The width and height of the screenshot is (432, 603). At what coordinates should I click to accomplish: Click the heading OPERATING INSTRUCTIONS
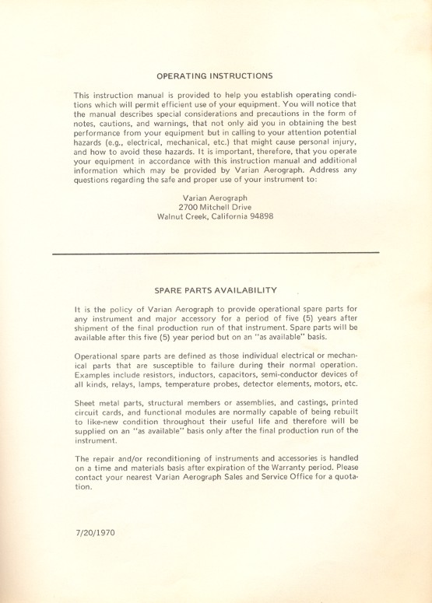click(x=215, y=76)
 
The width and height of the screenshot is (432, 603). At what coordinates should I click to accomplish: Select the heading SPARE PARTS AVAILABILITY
click(x=216, y=290)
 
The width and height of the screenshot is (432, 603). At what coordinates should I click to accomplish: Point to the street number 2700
click(x=191, y=205)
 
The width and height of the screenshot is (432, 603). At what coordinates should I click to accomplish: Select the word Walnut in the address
click(x=172, y=216)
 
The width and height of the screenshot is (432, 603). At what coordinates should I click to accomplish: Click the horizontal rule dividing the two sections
click(x=216, y=253)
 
